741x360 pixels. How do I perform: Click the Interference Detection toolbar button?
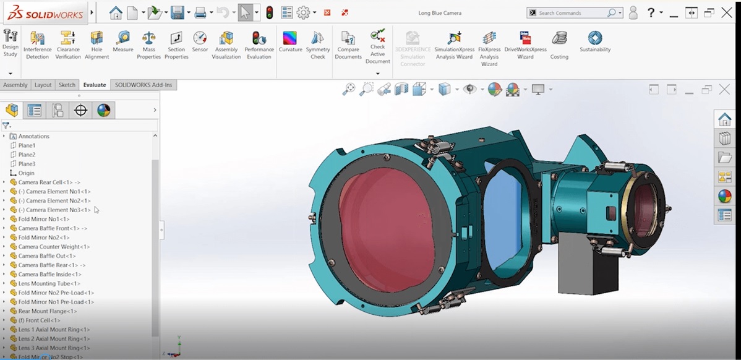click(x=37, y=45)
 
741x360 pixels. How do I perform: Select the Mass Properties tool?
click(x=148, y=45)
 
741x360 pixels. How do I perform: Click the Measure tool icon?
click(x=123, y=41)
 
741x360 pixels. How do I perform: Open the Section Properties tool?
click(x=176, y=45)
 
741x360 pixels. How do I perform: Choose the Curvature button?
click(x=290, y=41)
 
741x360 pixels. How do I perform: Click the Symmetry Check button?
click(x=317, y=45)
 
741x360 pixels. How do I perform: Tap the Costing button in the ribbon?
click(x=559, y=45)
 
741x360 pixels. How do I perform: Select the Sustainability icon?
click(x=595, y=41)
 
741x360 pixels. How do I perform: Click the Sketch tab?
click(x=67, y=85)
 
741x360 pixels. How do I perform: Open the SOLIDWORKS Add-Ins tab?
click(x=143, y=85)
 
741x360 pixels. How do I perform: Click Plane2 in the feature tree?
click(x=27, y=155)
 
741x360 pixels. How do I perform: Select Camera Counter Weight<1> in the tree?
click(x=54, y=247)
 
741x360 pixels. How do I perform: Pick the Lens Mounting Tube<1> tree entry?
click(x=49, y=283)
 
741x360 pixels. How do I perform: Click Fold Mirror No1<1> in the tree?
click(x=43, y=219)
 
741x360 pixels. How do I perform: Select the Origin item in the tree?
click(x=26, y=173)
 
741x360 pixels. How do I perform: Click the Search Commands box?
click(x=572, y=13)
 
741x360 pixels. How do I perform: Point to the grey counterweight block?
click(x=586, y=267)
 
